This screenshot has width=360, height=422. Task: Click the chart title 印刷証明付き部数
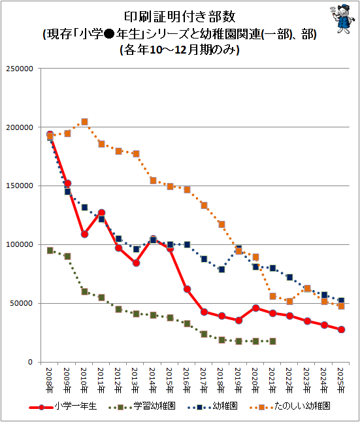click(180, 17)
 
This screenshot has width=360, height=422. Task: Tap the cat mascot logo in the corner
click(341, 19)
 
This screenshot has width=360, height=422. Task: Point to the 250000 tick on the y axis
click(20, 69)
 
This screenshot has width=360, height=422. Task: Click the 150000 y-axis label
click(20, 186)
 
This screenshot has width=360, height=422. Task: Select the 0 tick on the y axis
click(31, 362)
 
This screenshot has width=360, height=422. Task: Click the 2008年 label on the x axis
click(49, 380)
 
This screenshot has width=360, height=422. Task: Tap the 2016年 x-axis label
click(186, 380)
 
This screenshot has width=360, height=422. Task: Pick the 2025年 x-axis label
click(340, 380)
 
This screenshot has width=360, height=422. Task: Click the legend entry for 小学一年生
click(63, 406)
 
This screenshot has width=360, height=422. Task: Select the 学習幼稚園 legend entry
click(142, 406)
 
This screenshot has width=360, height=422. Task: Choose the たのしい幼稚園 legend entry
click(290, 406)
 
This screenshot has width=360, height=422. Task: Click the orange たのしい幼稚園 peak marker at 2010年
click(84, 122)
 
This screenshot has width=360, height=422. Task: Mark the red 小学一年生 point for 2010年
click(84, 234)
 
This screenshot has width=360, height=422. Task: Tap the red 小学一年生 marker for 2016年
click(187, 289)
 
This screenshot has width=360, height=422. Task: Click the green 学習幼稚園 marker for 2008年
click(50, 251)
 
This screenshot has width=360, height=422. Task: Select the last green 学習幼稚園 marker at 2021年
click(272, 341)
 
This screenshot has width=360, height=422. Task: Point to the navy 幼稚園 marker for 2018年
click(221, 269)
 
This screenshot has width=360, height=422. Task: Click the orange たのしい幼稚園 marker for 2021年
click(272, 297)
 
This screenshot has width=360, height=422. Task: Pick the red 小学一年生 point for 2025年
click(341, 329)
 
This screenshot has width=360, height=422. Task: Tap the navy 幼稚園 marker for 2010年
click(84, 208)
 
